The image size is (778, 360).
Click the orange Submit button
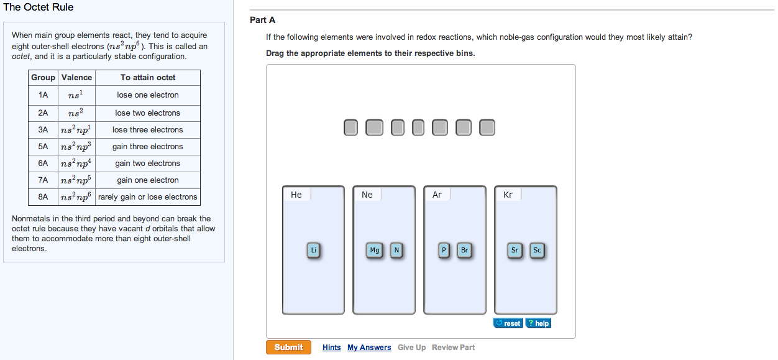(288, 347)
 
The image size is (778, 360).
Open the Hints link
(331, 348)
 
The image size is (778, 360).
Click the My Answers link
(369, 348)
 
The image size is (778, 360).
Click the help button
(538, 323)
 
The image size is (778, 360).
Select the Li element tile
(314, 251)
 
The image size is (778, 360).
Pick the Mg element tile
(375, 251)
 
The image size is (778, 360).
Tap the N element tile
(396, 251)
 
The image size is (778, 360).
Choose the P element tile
(443, 251)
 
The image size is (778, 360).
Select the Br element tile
(464, 251)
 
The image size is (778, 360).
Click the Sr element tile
(515, 251)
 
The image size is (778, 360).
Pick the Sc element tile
(537, 251)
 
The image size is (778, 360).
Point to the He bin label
(296, 195)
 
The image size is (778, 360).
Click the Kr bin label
(508, 195)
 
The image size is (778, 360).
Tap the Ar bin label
(437, 195)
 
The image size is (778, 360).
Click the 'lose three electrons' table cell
(148, 130)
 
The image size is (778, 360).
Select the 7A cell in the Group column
(43, 180)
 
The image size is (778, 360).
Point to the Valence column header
(76, 78)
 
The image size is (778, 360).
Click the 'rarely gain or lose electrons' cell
(148, 197)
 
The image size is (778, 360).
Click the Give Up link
(411, 348)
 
